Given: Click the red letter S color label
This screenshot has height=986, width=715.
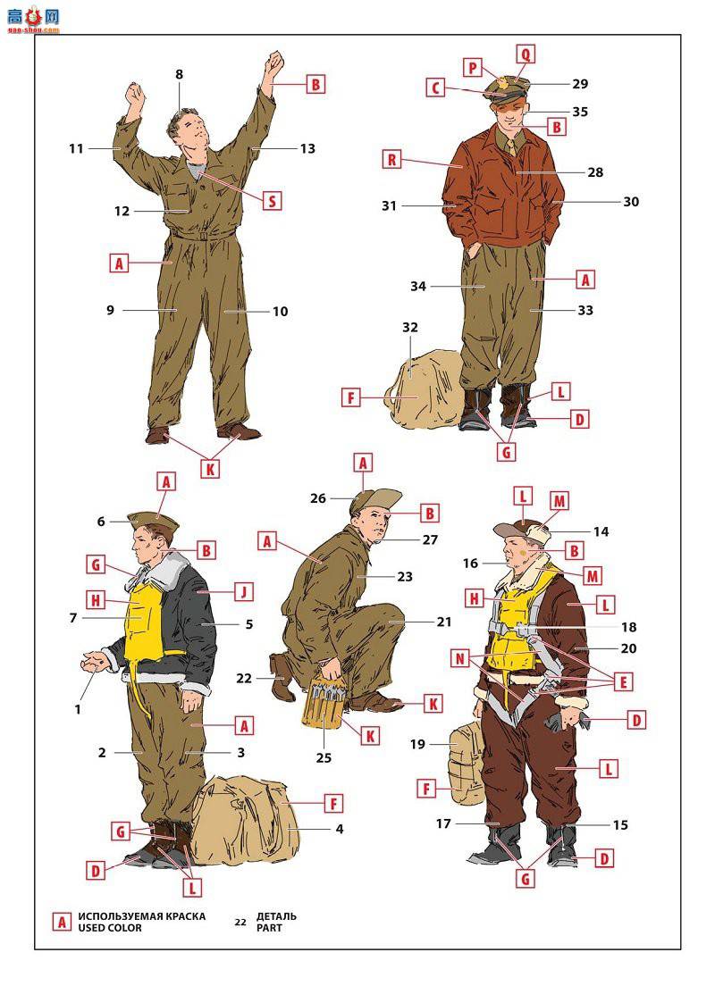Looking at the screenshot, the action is (272, 201).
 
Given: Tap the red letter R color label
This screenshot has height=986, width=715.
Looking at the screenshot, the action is (391, 159).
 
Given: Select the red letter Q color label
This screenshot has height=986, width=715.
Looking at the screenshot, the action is (525, 54).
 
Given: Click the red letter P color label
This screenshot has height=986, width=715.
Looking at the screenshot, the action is (473, 67).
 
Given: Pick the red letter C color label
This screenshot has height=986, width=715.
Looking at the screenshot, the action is (435, 88).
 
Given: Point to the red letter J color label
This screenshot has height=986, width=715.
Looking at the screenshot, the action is (244, 591).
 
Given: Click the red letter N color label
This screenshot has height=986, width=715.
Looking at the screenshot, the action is (460, 658).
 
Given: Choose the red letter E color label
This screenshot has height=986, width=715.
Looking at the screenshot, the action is (623, 681).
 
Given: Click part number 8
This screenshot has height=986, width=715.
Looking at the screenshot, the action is (180, 74).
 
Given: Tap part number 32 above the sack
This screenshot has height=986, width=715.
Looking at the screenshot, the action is (409, 327).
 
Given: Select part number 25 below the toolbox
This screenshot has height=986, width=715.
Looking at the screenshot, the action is (324, 757).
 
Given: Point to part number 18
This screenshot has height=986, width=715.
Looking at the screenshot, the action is (628, 627).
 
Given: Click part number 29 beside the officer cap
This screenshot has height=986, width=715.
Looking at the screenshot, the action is (580, 84).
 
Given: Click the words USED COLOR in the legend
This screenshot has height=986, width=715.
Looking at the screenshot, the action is (110, 928).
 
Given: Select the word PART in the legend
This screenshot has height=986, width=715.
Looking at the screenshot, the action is (269, 928).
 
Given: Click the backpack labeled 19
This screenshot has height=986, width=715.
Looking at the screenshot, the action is (467, 763).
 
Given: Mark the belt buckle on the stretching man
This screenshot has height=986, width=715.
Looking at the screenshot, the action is (203, 237).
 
